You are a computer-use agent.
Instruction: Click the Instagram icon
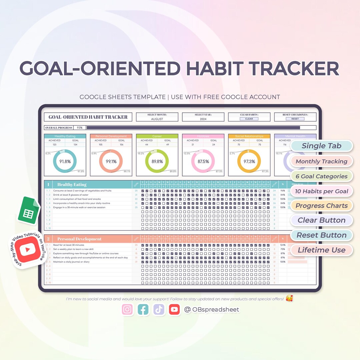pyautogui.click(x=127, y=310)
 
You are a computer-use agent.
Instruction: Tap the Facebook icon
pyautogui.click(x=143, y=310)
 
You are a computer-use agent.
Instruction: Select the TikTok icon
pyautogui.click(x=159, y=310)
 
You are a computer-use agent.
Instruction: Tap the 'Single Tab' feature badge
pyautogui.click(x=321, y=146)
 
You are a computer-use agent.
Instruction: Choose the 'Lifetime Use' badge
pyautogui.click(x=321, y=250)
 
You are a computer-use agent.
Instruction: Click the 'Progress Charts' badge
pyautogui.click(x=321, y=206)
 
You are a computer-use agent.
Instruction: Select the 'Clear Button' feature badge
pyautogui.click(x=321, y=220)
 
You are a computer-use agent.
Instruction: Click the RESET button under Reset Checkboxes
pyautogui.click(x=295, y=119)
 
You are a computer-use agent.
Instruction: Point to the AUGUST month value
pyautogui.click(x=157, y=119)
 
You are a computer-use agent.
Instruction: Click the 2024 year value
pyautogui.click(x=203, y=119)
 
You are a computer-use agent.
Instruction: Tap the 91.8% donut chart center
pyautogui.click(x=65, y=161)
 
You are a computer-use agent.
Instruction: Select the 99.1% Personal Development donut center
pyautogui.click(x=111, y=161)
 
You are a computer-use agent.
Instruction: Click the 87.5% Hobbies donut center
pyautogui.click(x=203, y=161)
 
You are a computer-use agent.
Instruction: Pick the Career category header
pyautogui.click(x=157, y=136)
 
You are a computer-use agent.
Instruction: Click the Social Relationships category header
pyautogui.click(x=249, y=136)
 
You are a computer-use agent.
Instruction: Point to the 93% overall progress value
pyautogui.click(x=80, y=128)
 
